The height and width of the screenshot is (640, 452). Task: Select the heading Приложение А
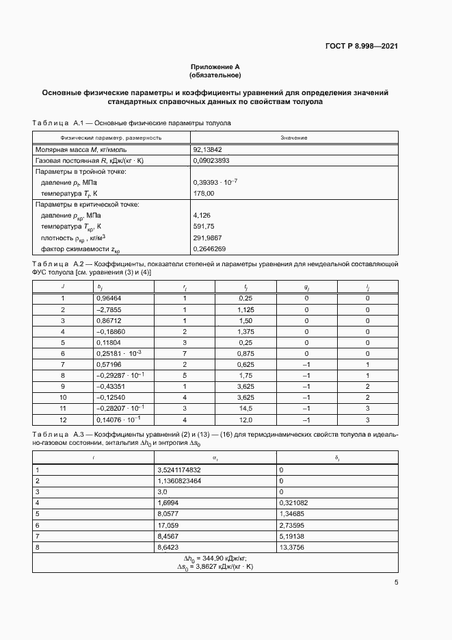(x=215, y=67)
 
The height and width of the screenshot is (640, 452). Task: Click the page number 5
(x=396, y=583)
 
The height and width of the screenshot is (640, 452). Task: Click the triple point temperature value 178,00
(x=204, y=194)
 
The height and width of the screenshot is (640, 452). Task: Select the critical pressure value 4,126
(x=202, y=216)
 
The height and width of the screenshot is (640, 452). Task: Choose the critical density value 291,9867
(x=208, y=238)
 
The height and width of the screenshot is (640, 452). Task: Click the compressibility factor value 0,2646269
(x=210, y=248)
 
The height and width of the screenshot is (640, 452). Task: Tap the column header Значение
(x=293, y=138)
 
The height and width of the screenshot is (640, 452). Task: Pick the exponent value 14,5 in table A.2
(x=245, y=408)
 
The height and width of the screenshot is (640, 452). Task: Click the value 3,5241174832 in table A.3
(x=180, y=470)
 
